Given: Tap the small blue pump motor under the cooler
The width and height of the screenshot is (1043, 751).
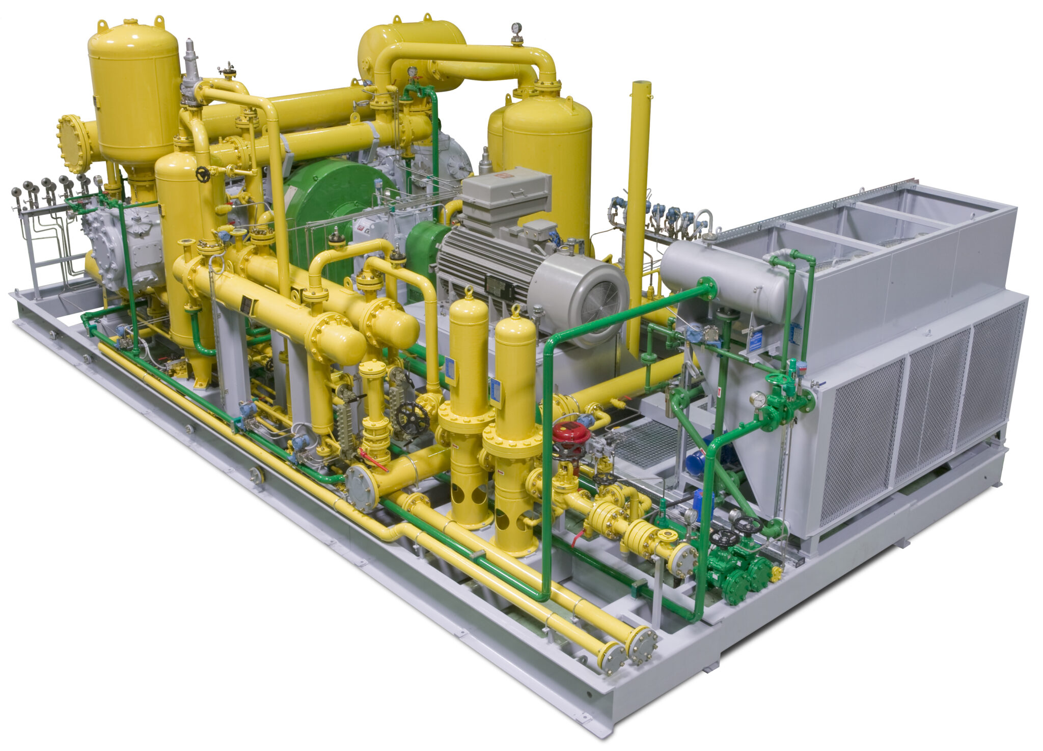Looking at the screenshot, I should point(696,461).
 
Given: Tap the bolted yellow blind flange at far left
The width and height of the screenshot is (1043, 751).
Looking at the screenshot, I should point(73,144).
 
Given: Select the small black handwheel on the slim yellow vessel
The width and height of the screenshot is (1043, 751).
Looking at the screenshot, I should point(203,175).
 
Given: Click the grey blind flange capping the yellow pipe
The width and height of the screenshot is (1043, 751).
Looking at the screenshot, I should point(361,488).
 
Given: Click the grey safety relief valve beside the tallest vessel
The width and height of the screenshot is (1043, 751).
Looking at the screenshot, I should point(190,71).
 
